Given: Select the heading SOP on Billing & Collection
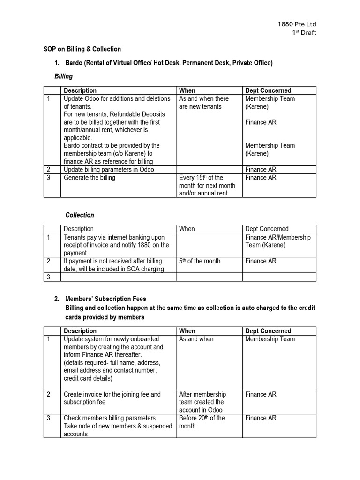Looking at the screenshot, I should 82,49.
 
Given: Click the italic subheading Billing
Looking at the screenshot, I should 64,76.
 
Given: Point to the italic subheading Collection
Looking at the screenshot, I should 79,215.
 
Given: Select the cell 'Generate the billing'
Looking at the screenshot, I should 89,178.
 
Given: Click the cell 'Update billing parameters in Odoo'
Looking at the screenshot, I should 109,169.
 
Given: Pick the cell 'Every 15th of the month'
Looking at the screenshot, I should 207,185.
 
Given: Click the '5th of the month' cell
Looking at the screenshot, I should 200,261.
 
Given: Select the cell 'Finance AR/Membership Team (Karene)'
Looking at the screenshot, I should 278,241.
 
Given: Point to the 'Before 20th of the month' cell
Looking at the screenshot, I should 202,422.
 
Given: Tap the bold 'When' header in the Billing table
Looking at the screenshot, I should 187,90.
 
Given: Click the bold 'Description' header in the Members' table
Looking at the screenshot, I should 80,331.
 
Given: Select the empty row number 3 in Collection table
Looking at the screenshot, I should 52,277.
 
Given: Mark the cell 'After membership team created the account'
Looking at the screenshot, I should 202,402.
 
